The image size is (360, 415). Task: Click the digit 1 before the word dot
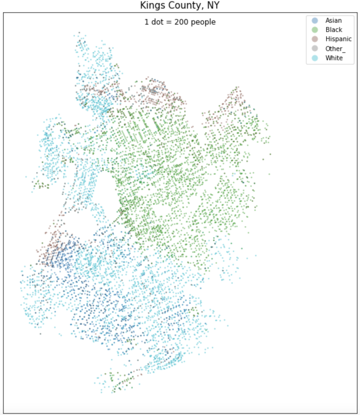147,22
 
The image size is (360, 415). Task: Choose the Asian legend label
334,21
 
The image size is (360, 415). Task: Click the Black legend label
334,30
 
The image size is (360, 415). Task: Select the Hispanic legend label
338,39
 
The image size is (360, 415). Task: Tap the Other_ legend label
335,49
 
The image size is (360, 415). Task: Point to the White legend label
334,58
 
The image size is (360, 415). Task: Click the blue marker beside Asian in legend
315,21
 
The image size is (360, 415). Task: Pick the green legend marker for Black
315,30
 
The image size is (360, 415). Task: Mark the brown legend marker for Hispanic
315,39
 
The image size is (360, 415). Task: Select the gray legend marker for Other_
315,49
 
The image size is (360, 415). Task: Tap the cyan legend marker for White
315,58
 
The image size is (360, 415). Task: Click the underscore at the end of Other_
344,51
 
